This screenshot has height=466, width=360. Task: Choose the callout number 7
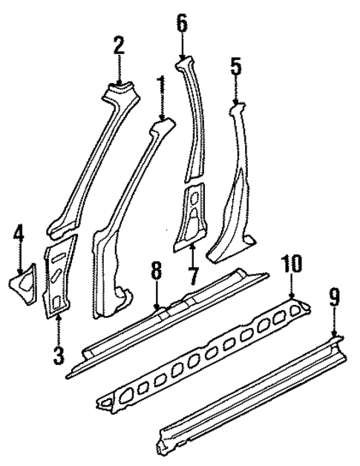tap(193, 281)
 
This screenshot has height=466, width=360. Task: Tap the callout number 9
tap(334, 299)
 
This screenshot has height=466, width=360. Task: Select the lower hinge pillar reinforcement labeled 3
tap(59, 278)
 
